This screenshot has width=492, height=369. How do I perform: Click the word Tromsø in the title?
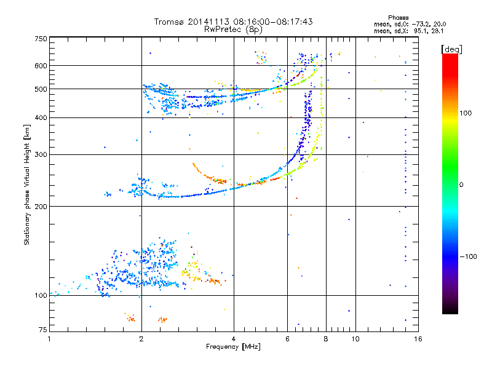pos(170,22)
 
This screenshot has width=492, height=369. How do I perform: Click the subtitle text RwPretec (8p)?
pos(233,30)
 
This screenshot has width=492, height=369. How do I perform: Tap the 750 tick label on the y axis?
pos(41,39)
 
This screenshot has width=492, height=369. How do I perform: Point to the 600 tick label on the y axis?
pos(41,66)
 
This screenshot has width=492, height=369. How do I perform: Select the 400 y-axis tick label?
pos(41,117)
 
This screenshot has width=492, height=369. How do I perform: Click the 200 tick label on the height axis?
pos(41,207)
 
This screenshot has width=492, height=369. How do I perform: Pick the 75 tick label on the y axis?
pos(43,330)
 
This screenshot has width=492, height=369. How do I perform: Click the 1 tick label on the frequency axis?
pos(49,339)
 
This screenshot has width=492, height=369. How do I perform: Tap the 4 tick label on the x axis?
pos(234,339)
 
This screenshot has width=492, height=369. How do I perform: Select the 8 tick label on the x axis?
pos(326,339)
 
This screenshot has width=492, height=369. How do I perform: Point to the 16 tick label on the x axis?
pos(418,339)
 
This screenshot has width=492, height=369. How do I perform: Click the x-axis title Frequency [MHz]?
pos(233,347)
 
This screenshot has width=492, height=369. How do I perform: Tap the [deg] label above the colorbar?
pos(451,49)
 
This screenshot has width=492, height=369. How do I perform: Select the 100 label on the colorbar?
pos(466,113)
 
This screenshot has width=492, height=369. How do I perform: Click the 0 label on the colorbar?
pos(461,184)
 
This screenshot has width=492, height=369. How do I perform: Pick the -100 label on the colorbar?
pos(468,256)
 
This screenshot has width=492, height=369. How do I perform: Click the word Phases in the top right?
pos(398,18)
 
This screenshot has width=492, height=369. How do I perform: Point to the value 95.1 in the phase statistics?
pos(420,31)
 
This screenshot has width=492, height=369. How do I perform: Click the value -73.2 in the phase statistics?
pos(421,24)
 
